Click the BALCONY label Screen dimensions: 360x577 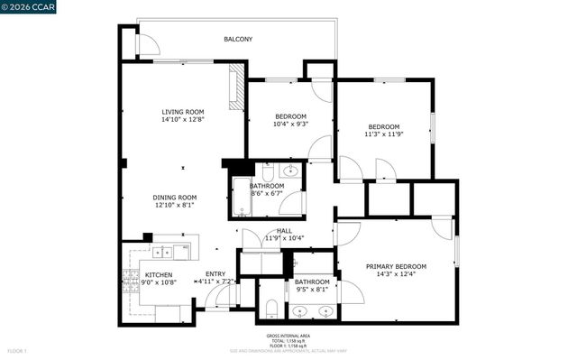click(x=238, y=39)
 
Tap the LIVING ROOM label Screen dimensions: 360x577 click(x=183, y=111)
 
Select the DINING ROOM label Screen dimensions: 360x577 click(x=174, y=198)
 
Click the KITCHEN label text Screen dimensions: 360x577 click(x=159, y=275)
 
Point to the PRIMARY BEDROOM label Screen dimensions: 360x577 click(x=396, y=266)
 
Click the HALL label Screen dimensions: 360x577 click(x=284, y=230)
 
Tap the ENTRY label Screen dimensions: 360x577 click(x=215, y=273)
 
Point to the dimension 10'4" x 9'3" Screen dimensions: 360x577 click(x=290, y=125)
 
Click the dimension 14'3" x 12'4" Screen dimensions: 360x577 click(x=396, y=275)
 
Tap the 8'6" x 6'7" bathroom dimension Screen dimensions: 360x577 click(x=266, y=193)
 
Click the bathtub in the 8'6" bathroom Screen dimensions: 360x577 click(x=241, y=197)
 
